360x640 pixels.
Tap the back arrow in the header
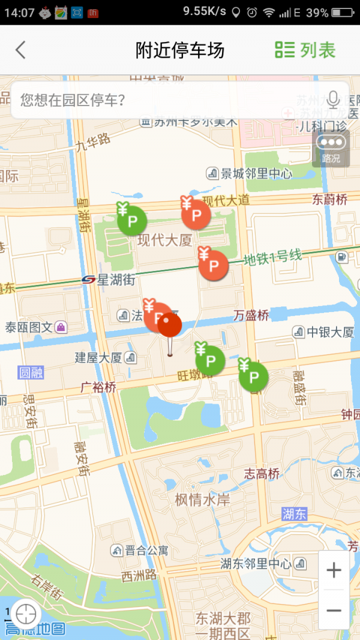[21, 50]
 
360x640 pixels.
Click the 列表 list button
[305, 50]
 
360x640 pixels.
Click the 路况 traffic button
[331, 148]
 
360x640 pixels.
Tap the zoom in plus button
[334, 570]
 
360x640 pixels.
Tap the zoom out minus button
[334, 611]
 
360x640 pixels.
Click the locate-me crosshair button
[25, 614]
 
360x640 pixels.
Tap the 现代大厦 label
[164, 241]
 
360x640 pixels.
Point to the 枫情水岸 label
[202, 500]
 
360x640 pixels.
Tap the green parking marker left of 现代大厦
[131, 220]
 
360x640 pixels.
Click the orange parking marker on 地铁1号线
[213, 265]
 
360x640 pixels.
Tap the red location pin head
[169, 325]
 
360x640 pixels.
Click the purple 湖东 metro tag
[295, 513]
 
